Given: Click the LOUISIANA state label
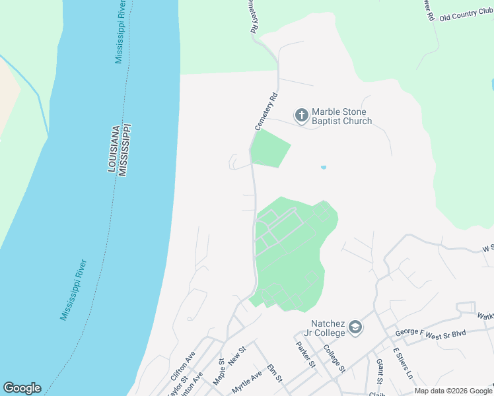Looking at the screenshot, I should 113,149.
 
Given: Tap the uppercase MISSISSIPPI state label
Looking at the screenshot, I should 123,149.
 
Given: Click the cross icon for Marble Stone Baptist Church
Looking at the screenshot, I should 301,116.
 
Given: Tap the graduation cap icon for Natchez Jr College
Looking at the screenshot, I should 355,327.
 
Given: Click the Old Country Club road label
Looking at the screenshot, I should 466,15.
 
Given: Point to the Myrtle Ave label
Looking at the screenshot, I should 246,382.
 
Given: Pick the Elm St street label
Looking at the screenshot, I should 275,373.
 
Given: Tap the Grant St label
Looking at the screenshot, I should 380,370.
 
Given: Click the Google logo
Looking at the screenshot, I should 22,388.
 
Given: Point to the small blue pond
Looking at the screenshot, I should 323,167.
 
